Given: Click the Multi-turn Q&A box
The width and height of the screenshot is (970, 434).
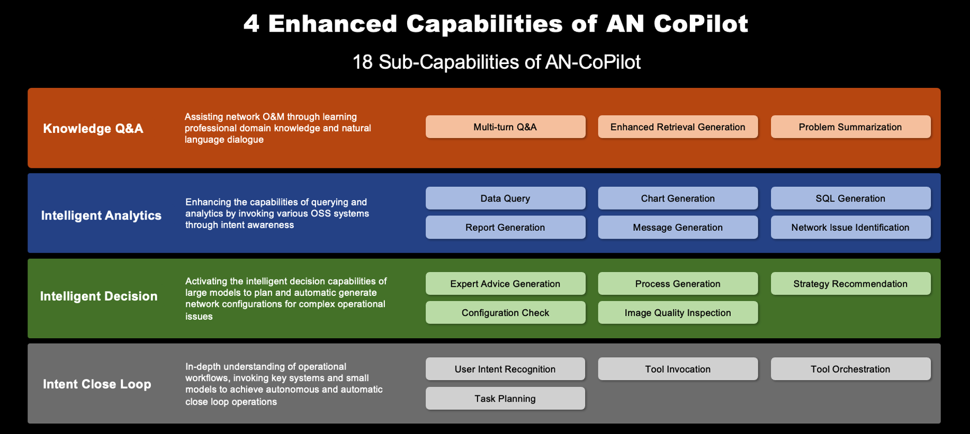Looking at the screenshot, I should [505, 127].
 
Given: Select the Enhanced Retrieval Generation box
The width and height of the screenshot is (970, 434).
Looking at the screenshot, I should [678, 127].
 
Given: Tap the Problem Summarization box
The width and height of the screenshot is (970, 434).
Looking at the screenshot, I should [850, 127].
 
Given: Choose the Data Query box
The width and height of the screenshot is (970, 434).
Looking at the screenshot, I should [505, 198].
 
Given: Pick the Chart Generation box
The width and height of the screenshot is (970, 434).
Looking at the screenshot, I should [678, 198].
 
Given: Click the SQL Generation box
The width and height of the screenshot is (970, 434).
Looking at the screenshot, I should [850, 198].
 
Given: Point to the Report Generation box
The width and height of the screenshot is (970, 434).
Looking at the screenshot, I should [505, 228].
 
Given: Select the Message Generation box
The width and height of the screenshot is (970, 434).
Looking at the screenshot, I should [678, 228].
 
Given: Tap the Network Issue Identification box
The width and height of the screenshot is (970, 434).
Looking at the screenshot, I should [850, 228].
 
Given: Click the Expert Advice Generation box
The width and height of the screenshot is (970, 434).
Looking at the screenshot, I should [505, 284].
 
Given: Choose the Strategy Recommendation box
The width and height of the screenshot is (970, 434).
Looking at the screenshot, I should [850, 284].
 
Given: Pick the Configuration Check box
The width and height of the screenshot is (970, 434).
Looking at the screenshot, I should [505, 313].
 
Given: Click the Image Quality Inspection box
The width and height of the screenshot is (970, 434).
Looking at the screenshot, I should [678, 313].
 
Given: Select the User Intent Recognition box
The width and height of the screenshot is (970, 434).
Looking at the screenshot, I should [505, 369].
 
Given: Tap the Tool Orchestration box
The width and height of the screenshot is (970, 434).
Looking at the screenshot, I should [850, 369].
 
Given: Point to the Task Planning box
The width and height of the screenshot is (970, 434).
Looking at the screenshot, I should [505, 399].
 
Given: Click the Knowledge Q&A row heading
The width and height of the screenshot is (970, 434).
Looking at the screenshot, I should [93, 129].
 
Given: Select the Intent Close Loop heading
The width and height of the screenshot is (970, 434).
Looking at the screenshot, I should [97, 384].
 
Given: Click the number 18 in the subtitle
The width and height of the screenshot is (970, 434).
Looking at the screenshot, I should [363, 62].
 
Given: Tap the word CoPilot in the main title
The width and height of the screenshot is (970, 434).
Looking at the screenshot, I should [700, 24].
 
